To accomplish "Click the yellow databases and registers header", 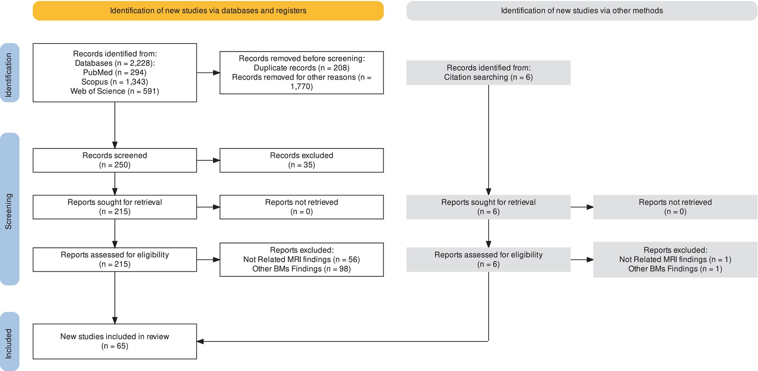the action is click(x=208, y=10).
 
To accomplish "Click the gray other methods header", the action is click(x=582, y=10).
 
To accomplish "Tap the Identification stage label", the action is click(x=9, y=73).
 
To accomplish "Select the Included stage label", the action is click(x=9, y=341).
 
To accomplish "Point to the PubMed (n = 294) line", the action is click(x=115, y=73).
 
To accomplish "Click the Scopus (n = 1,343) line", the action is click(x=115, y=82).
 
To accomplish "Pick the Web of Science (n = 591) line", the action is click(x=115, y=91).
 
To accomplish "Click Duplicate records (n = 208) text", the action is click(x=302, y=68).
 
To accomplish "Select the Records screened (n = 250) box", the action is click(x=115, y=160).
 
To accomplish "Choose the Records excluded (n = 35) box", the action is click(x=302, y=160).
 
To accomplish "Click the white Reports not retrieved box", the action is click(x=302, y=207).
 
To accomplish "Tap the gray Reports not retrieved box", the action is click(x=675, y=207).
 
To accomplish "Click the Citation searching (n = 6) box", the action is click(x=489, y=73).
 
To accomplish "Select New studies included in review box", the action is click(x=115, y=341).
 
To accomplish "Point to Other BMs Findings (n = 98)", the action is click(x=302, y=269).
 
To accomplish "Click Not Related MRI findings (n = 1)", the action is click(x=675, y=260).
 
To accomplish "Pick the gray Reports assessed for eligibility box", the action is click(x=489, y=259).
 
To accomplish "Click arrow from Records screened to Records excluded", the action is click(x=208, y=160).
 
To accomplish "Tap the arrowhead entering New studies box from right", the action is click(x=200, y=341).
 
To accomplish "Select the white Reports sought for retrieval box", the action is click(x=115, y=207).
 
